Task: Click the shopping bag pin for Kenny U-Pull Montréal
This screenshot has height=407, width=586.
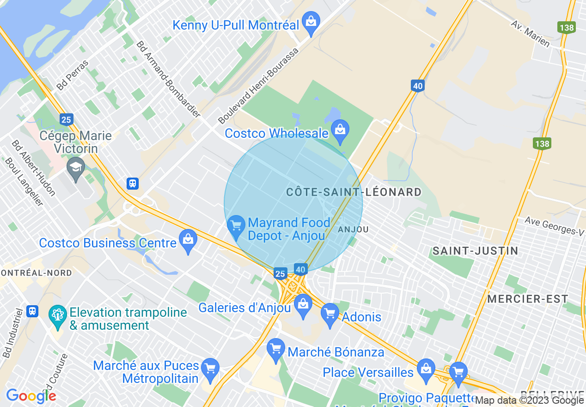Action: [311, 22]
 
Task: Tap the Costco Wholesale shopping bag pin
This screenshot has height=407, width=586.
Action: [340, 131]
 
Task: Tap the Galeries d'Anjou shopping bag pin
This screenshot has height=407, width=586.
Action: [303, 305]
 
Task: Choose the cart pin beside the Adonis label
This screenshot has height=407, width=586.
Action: [330, 314]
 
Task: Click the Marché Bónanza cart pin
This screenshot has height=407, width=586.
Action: [276, 350]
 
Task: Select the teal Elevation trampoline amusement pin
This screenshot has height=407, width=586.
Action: [57, 316]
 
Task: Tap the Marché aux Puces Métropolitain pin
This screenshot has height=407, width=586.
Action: [210, 370]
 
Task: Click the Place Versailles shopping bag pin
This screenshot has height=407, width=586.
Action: [426, 370]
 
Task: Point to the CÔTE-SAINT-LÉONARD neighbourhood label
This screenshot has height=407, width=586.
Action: [354, 192]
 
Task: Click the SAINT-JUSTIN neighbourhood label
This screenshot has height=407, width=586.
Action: [469, 251]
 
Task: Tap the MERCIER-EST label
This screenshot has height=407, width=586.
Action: [527, 299]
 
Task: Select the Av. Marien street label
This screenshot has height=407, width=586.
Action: [530, 33]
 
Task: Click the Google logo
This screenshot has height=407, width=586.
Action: [31, 395]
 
